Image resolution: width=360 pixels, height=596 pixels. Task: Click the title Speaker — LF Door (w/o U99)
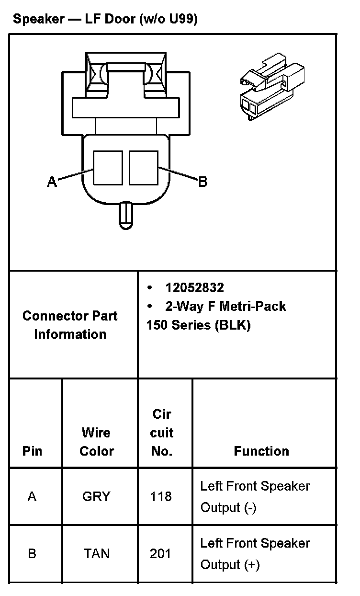105,20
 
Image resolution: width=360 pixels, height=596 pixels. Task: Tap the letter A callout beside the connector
52,182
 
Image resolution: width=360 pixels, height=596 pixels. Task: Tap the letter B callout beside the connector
202,182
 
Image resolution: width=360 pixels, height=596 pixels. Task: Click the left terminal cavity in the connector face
108,167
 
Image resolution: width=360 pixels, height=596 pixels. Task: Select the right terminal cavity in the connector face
144,167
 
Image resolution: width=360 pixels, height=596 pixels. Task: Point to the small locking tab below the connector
126,215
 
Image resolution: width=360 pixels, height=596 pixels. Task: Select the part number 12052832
194,287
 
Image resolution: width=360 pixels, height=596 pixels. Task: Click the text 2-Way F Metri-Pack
225,306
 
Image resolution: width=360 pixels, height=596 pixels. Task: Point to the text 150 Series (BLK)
198,325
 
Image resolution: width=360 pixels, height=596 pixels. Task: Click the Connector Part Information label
70,325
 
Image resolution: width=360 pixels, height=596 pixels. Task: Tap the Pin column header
32,451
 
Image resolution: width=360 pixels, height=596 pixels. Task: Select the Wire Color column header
97,442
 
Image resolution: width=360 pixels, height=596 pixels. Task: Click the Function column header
261,451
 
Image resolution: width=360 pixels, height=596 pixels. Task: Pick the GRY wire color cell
96,496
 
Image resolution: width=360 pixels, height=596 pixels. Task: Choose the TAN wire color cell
97,554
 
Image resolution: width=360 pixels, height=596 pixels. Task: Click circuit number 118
160,496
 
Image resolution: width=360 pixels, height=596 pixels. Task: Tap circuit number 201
160,554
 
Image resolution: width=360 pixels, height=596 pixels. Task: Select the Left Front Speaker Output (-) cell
255,496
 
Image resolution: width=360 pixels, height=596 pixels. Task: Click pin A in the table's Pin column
32,496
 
